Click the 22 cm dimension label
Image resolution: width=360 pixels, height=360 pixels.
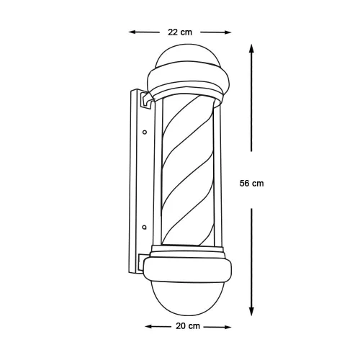(180, 32)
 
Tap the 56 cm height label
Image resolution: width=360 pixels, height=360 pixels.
(251, 184)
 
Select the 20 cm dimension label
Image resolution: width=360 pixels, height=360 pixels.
(188, 326)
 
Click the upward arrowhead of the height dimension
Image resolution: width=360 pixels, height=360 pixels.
(251, 48)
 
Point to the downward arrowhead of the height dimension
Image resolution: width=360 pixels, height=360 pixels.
(251, 312)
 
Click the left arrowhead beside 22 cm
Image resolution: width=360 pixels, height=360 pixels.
(132, 32)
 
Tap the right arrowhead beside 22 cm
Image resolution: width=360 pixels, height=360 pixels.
(227, 32)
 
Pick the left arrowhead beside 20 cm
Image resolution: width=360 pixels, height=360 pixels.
(149, 326)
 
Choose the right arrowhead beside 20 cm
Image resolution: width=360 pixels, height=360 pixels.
(227, 327)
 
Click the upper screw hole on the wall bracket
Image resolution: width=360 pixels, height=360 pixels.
(145, 132)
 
